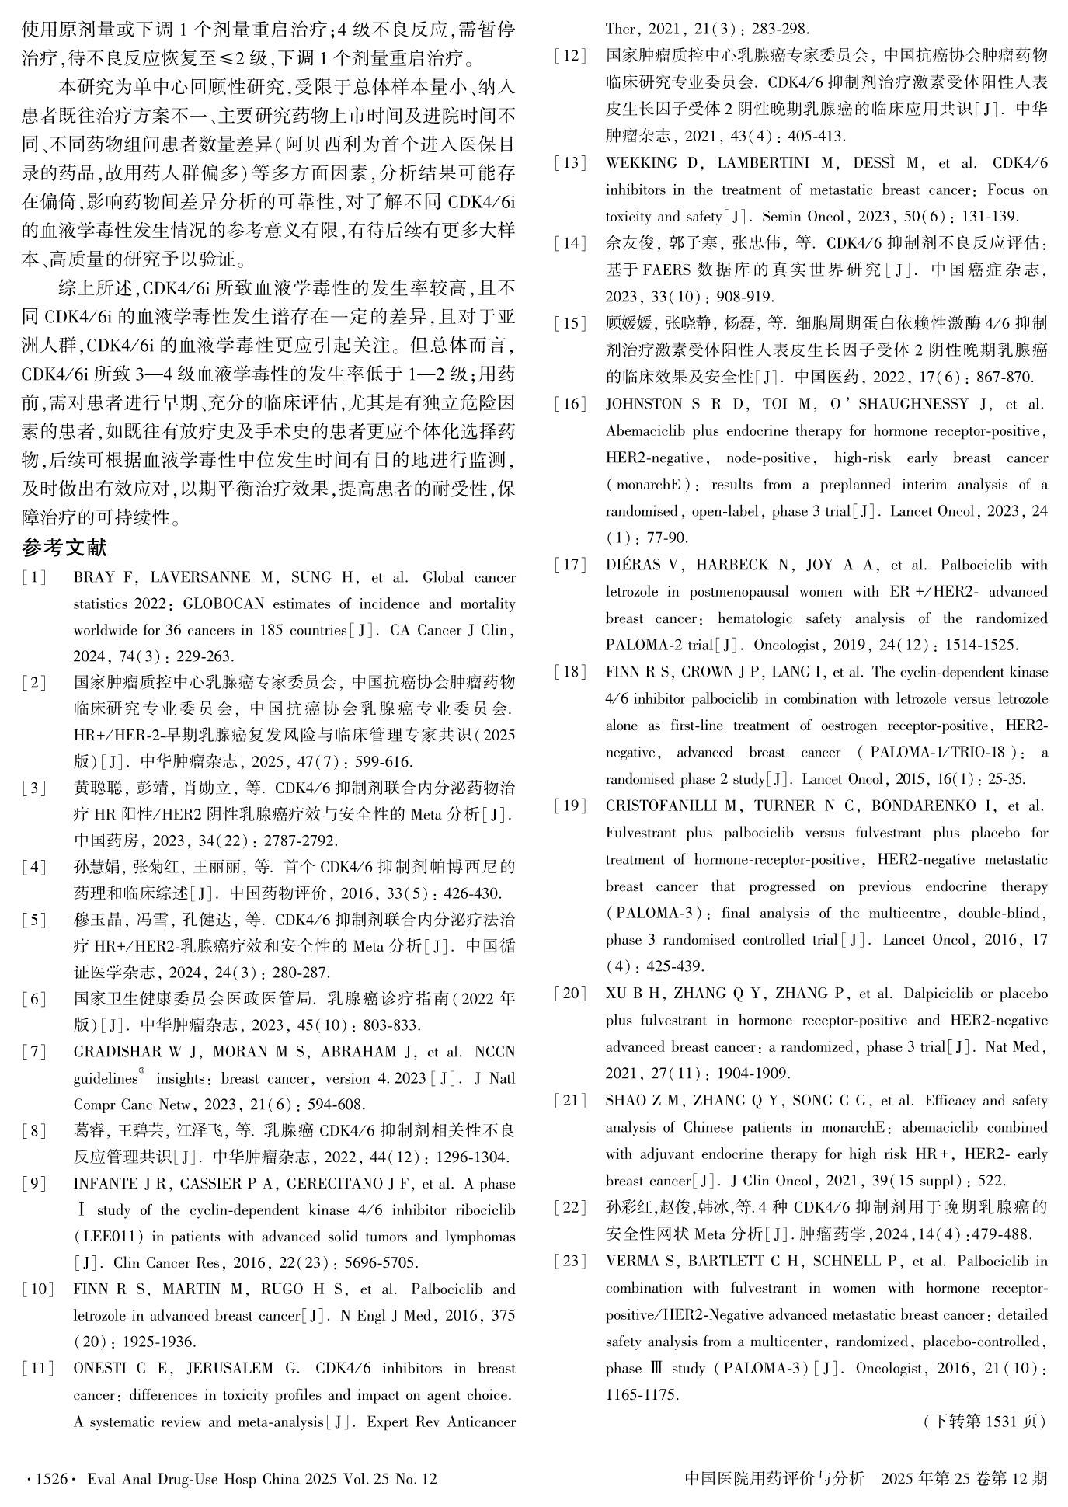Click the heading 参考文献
(64, 548)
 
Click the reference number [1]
(35, 577)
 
